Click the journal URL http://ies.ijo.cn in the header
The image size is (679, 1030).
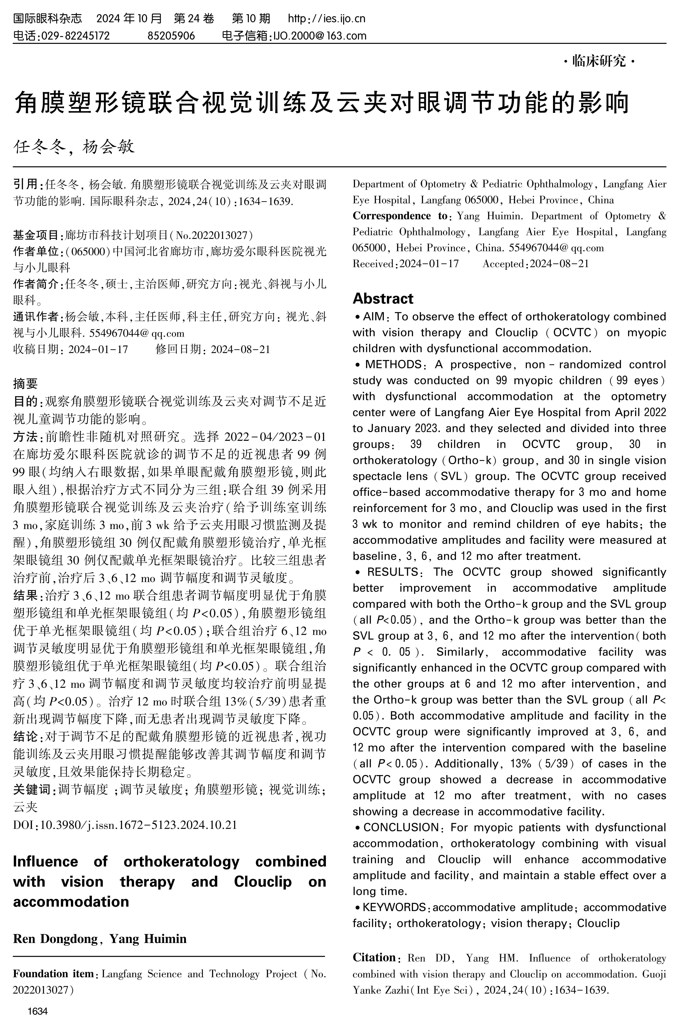(326, 19)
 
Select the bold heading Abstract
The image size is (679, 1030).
(383, 299)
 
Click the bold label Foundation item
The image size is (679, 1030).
(54, 974)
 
